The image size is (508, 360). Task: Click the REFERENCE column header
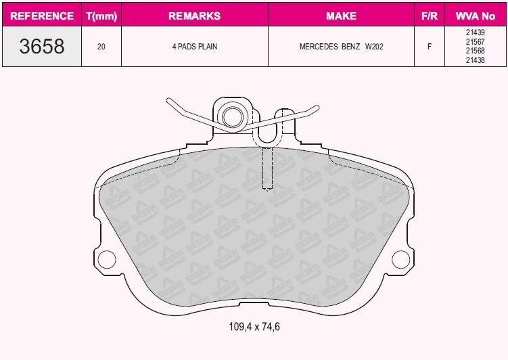42,16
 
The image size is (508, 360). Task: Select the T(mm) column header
101,16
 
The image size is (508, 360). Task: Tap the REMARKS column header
194,16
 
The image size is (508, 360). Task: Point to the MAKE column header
341,16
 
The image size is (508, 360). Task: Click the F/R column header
430,16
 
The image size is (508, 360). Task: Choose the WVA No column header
476,16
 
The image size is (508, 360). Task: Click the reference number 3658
42,46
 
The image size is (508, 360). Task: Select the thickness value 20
101,47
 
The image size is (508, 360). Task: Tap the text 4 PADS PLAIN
195,47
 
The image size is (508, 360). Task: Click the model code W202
374,47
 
